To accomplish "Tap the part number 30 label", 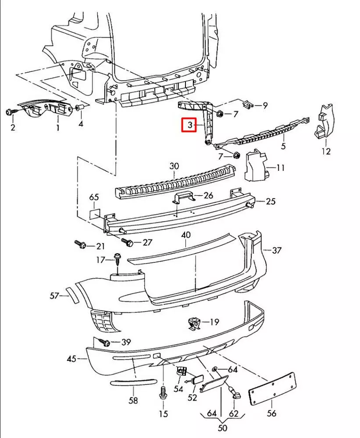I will point(174,166).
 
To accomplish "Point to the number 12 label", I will point(325,151).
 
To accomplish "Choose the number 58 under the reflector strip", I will point(133,400).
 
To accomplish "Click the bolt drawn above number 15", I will point(163,392).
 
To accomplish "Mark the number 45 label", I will point(71,359).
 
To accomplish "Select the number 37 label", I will point(277,251).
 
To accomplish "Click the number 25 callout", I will point(271,201).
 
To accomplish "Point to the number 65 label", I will point(94,197).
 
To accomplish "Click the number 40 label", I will point(186,235).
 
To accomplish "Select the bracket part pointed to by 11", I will point(254,165).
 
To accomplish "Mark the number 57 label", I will point(54,296).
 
